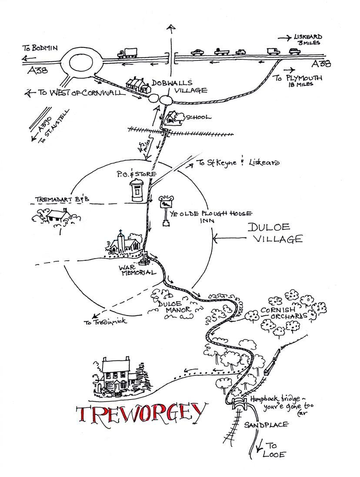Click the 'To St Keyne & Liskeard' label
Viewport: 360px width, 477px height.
[x=237, y=163]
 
